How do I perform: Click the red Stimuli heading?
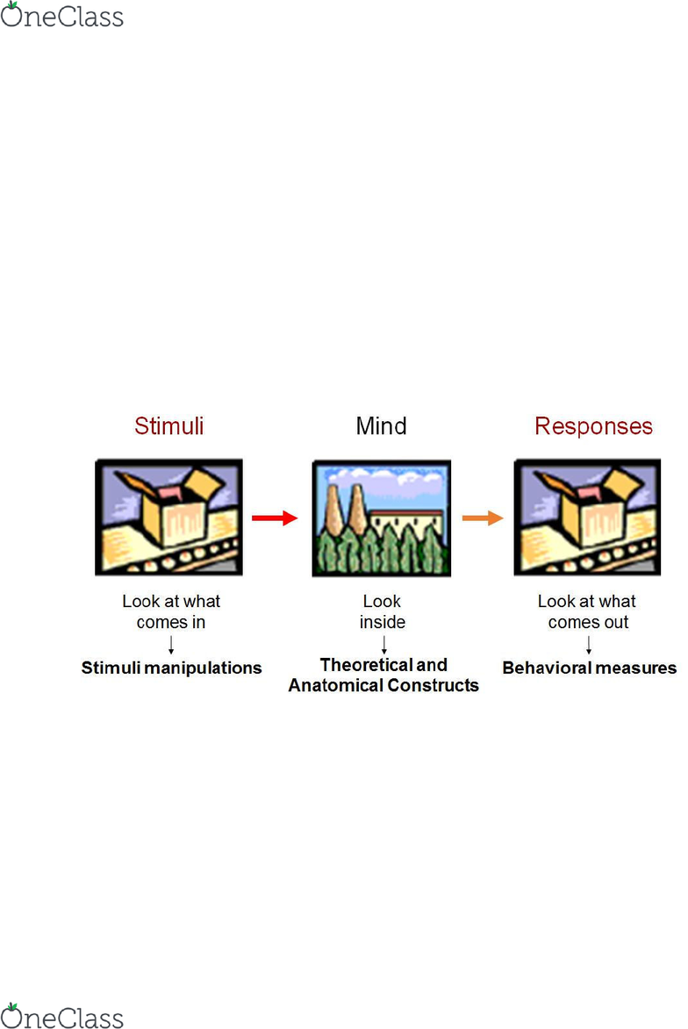point(168,426)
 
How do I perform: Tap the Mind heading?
point(381,426)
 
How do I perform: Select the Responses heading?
point(593,426)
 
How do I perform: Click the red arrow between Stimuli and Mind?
point(275,518)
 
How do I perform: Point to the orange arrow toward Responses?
point(483,518)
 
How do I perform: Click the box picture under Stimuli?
point(168,517)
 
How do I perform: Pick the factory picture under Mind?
point(382,518)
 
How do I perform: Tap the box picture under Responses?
point(588,517)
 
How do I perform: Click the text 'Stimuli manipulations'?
point(171,668)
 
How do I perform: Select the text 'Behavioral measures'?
point(590,668)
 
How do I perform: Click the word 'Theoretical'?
point(366,665)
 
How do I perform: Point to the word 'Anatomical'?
point(335,685)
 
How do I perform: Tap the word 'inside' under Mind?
point(382,622)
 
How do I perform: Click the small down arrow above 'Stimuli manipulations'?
point(171,645)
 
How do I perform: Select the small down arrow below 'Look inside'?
point(384,645)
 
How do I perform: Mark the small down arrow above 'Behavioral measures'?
point(589,645)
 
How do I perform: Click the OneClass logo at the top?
point(61,15)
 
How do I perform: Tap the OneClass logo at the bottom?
point(61,1016)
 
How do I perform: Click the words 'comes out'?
point(588,622)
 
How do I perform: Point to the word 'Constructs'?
point(434,685)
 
